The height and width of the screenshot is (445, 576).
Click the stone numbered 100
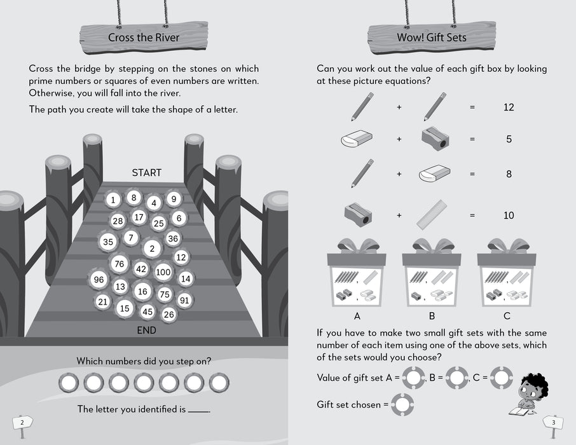[x=163, y=272]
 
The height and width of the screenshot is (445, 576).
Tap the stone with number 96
[x=99, y=280]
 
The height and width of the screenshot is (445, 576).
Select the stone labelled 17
[x=139, y=218]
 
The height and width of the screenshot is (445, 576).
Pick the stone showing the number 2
[x=152, y=248]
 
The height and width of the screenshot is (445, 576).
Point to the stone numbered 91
[x=184, y=300]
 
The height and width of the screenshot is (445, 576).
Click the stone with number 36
[x=172, y=238]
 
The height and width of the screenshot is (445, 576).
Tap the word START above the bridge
[x=147, y=172]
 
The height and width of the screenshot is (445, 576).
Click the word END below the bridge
[x=147, y=331]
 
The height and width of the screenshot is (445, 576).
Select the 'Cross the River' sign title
[x=144, y=38]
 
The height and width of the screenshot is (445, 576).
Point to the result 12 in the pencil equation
[x=509, y=107]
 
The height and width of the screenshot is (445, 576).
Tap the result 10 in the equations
[x=509, y=216]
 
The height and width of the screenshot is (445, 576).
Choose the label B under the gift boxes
[x=432, y=315]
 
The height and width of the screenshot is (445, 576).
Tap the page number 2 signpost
[x=22, y=422]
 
